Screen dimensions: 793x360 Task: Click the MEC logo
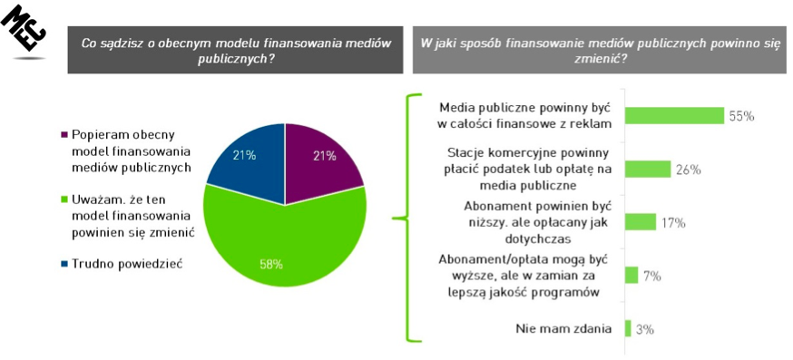[x=24, y=32]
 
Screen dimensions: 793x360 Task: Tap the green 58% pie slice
[x=283, y=243]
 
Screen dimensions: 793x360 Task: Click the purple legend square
[x=64, y=135]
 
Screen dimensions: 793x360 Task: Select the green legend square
[x=64, y=200]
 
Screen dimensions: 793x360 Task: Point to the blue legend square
[x=64, y=264]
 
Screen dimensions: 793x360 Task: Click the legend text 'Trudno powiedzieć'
[x=126, y=264]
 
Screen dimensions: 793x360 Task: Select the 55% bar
[x=675, y=116]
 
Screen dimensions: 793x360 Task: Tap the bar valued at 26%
[x=648, y=170]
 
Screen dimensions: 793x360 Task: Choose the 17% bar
[x=641, y=222]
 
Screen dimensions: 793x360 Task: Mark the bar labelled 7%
[x=631, y=275]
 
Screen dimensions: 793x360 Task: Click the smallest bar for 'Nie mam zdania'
[x=628, y=328]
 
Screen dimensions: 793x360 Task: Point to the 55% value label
[x=741, y=116]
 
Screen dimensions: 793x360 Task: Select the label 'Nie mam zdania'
[x=563, y=328]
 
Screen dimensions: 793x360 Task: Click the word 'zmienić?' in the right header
[x=599, y=58]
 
